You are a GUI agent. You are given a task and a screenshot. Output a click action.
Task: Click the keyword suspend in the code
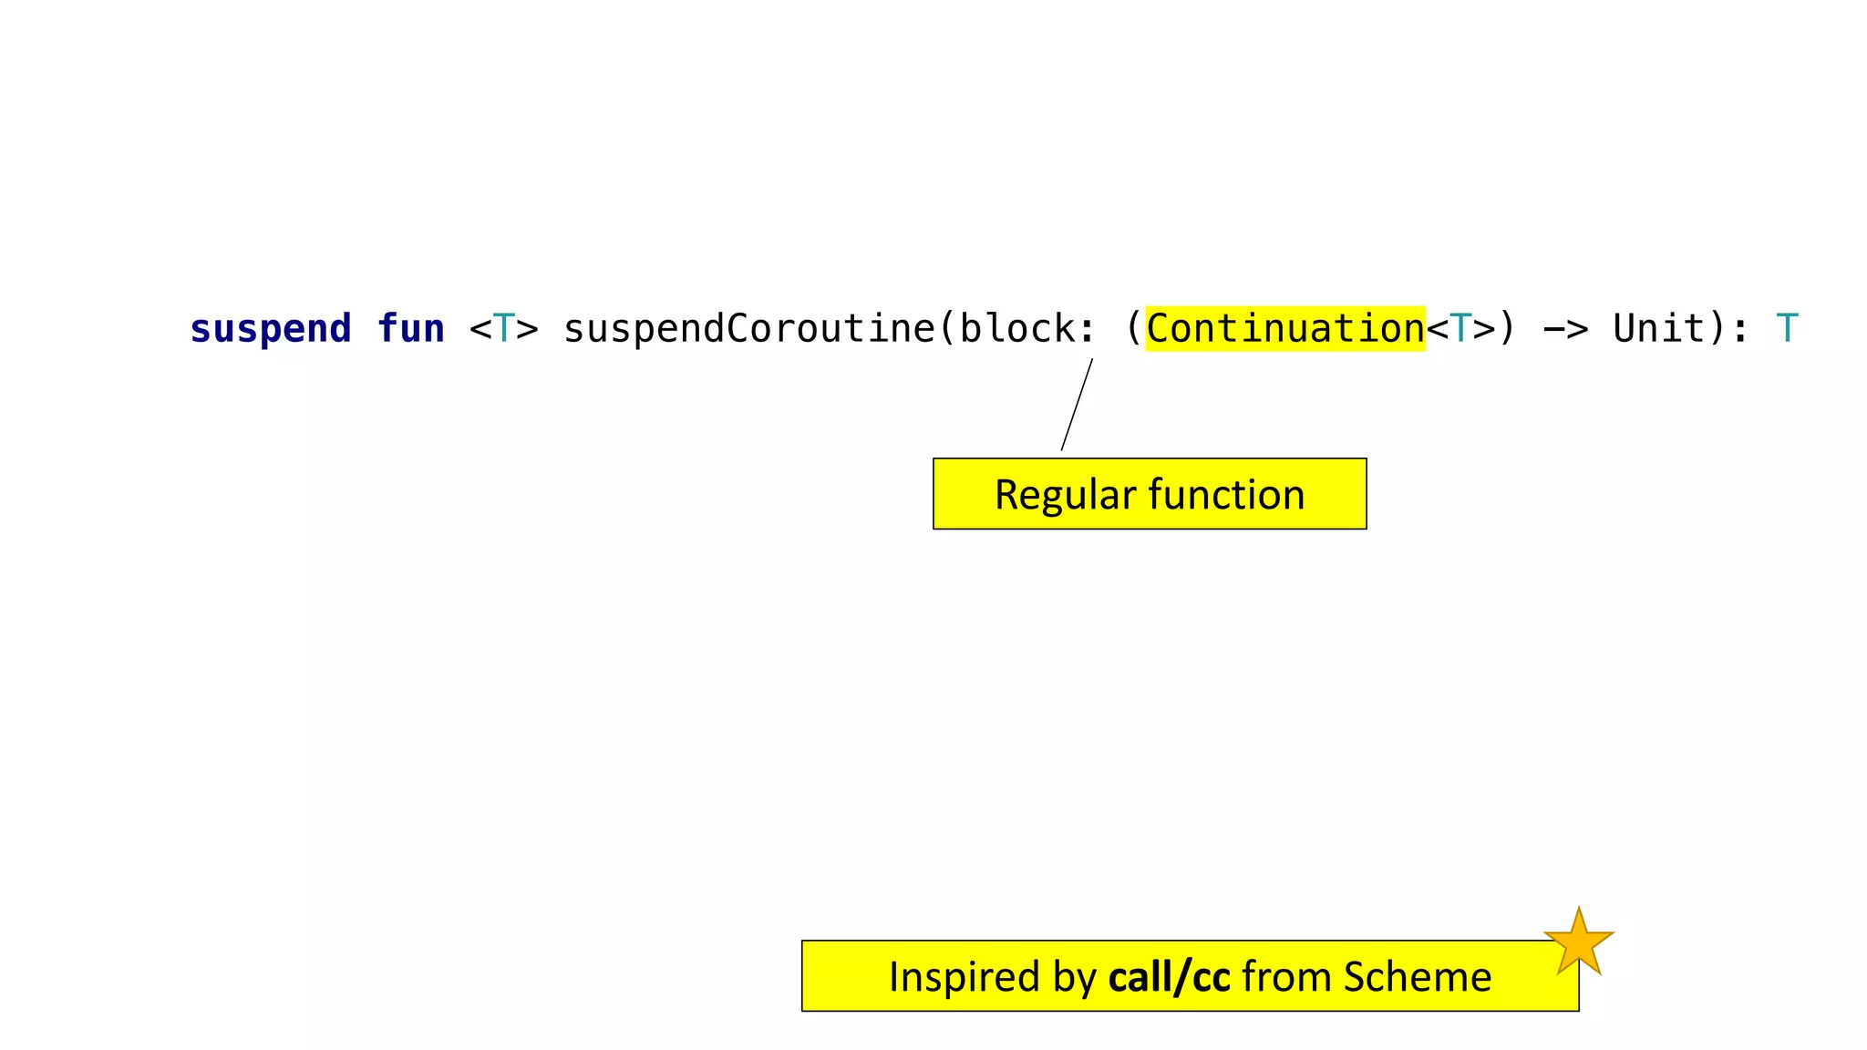point(270,329)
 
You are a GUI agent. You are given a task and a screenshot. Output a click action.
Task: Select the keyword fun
point(410,329)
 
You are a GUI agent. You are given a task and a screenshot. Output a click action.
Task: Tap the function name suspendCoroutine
point(748,329)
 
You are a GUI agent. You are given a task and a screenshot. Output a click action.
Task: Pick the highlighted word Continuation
point(1284,329)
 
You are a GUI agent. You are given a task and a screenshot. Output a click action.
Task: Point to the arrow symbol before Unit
point(1565,329)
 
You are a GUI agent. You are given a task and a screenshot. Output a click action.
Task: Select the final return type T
point(1787,329)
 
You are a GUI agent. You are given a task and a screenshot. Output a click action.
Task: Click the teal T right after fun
point(503,329)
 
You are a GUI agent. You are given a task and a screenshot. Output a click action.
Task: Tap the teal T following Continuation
point(1460,329)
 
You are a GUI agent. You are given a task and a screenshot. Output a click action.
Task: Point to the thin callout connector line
point(1077,405)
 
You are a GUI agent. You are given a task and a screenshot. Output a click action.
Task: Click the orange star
point(1578,942)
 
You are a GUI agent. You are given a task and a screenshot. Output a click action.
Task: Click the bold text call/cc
point(1169,977)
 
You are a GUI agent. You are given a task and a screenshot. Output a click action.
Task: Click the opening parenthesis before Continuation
point(1133,329)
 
